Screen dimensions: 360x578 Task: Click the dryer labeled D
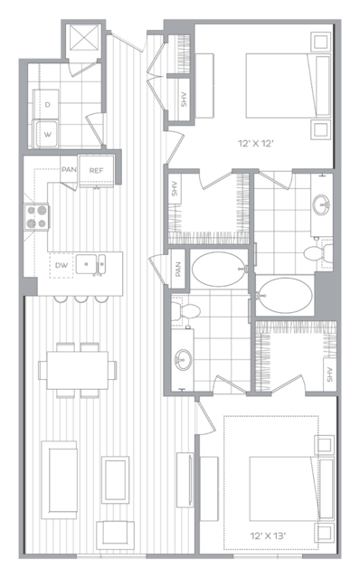click(x=46, y=104)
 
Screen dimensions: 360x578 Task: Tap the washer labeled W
click(x=46, y=134)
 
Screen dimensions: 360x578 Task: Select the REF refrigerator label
click(x=96, y=171)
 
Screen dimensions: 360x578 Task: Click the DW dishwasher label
click(x=62, y=265)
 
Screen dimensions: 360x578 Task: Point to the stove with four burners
click(x=36, y=217)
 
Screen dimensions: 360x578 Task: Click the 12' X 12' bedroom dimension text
click(x=256, y=144)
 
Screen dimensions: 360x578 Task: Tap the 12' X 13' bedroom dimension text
click(x=268, y=535)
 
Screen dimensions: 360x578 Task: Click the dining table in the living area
click(x=78, y=370)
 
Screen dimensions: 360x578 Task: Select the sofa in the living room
click(x=59, y=479)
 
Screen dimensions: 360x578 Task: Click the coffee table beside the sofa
click(x=116, y=479)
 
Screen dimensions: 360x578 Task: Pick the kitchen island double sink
click(x=91, y=264)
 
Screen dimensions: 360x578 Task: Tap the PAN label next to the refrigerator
click(x=69, y=169)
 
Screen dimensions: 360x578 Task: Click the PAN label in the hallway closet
click(x=178, y=269)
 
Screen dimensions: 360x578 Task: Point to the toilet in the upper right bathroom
click(x=318, y=253)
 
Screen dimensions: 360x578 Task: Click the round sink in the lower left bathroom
click(x=183, y=359)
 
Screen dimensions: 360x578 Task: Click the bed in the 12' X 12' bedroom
click(x=288, y=86)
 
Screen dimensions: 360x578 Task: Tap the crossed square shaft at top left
click(x=83, y=38)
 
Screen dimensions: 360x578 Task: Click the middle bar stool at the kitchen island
click(x=81, y=299)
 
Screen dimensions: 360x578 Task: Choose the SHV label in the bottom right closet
click(x=329, y=374)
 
